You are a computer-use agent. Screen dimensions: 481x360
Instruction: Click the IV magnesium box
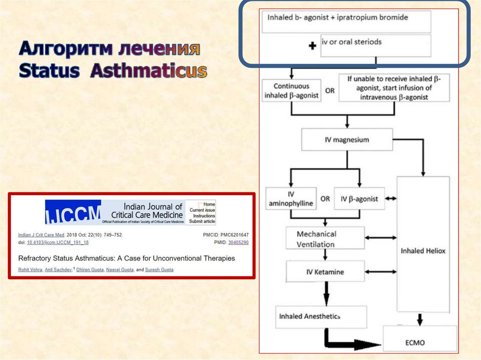[347, 140]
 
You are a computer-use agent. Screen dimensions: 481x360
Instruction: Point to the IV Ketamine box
[325, 272]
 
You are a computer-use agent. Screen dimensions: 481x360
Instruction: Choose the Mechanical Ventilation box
[325, 238]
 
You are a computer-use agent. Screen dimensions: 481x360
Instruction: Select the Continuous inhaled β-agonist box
[291, 91]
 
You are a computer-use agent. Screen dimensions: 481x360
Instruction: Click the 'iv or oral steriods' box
[375, 45]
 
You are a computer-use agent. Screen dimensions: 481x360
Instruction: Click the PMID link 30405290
[238, 243]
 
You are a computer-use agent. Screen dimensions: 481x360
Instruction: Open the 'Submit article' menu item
[202, 222]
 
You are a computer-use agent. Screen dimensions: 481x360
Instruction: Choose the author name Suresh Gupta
[159, 270]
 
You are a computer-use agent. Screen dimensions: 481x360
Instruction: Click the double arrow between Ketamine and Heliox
[381, 272]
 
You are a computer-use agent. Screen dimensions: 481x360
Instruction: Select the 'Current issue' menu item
[202, 210]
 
